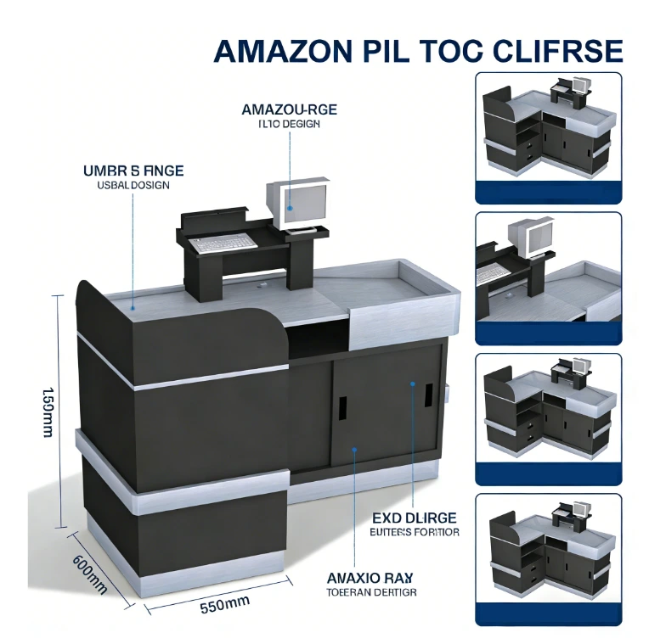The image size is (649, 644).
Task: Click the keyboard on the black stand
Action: [x=222, y=243]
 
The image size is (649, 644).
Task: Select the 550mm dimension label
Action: [x=225, y=604]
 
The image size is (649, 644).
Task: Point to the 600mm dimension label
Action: [x=89, y=574]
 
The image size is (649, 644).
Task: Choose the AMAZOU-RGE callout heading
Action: [x=289, y=109]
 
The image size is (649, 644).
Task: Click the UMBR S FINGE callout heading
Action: [x=134, y=171]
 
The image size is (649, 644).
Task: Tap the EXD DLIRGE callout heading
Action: [x=415, y=518]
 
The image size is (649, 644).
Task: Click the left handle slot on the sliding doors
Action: [x=342, y=408]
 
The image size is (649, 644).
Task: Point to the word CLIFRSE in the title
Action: [x=559, y=51]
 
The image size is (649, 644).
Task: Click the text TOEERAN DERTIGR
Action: [x=371, y=593]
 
